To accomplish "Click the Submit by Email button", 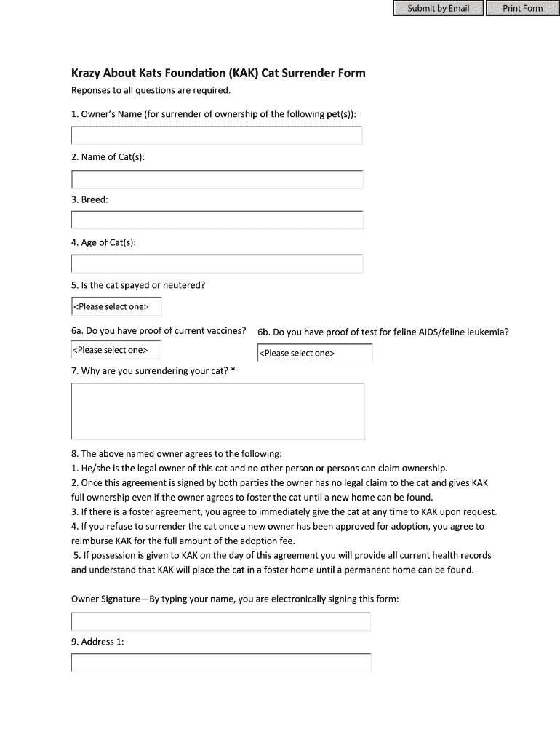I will click(x=438, y=9).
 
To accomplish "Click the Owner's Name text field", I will click(x=217, y=136).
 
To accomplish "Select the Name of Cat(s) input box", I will click(x=217, y=180).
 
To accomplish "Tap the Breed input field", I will click(x=217, y=220).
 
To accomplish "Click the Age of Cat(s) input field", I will click(x=217, y=263).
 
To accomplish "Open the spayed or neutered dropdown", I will click(x=116, y=307).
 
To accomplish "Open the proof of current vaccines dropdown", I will click(x=116, y=351).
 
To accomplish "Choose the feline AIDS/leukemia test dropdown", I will click(x=315, y=354).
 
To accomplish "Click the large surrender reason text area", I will click(x=217, y=412).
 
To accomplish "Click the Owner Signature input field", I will click(x=220, y=621).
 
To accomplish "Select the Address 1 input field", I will click(x=220, y=663).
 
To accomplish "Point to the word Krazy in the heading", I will click(x=85, y=73).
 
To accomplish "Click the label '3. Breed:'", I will click(x=89, y=199).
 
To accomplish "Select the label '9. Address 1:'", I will click(x=98, y=642).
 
